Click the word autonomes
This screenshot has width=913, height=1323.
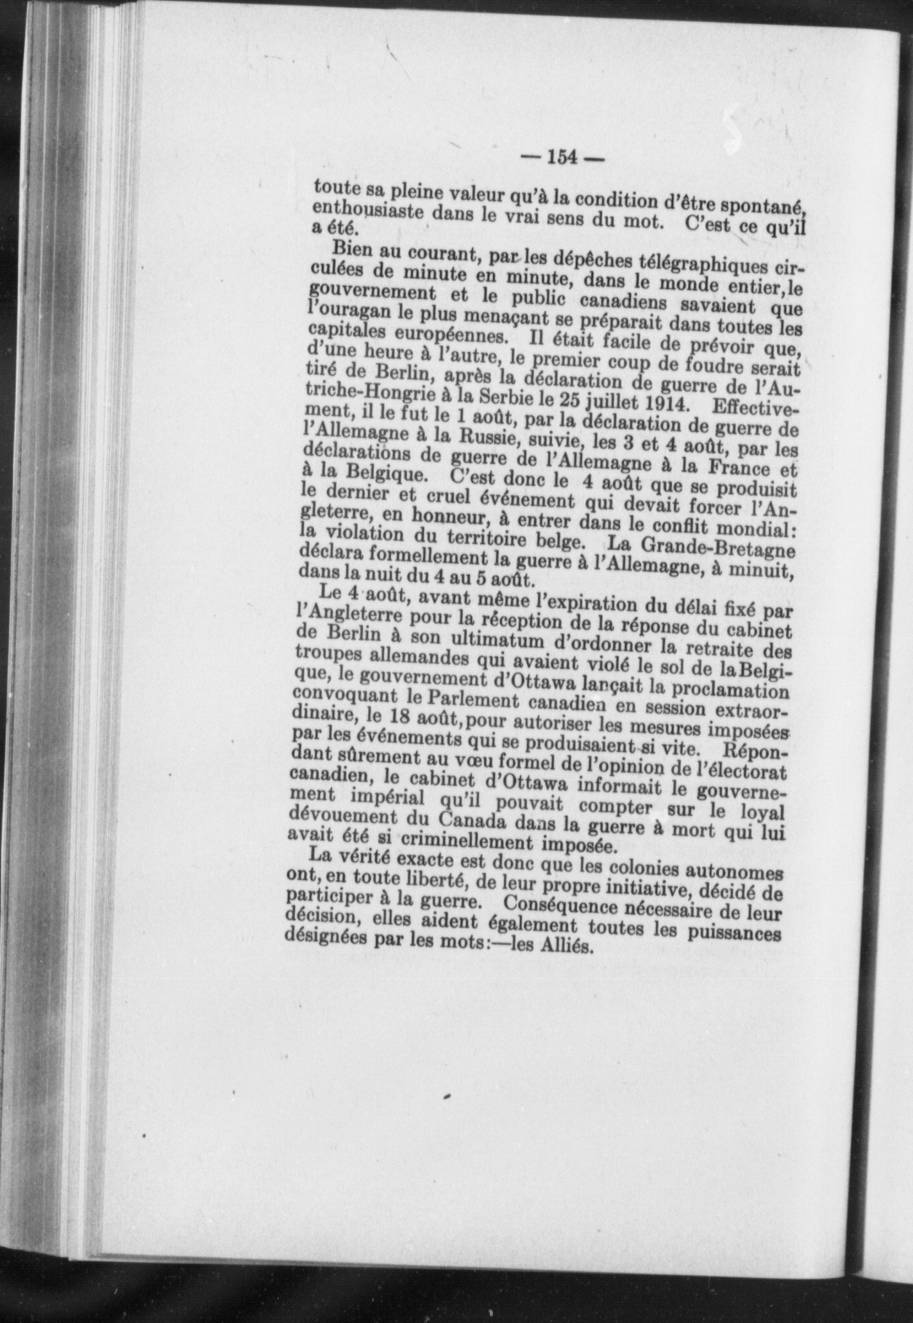pyautogui.click(x=733, y=873)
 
